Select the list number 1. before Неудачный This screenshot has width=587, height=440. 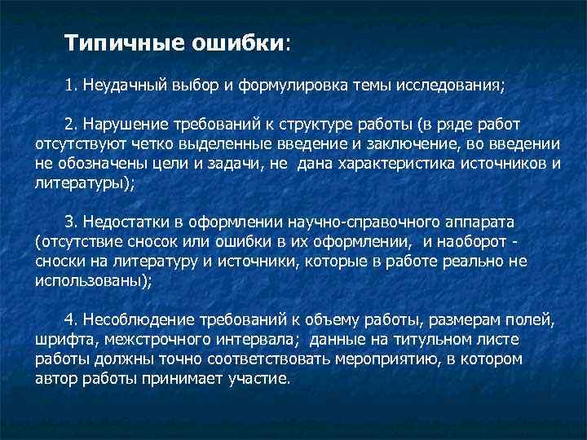[71, 86]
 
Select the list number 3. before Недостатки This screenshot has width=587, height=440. [71, 222]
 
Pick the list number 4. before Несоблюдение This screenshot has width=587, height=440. [71, 319]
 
